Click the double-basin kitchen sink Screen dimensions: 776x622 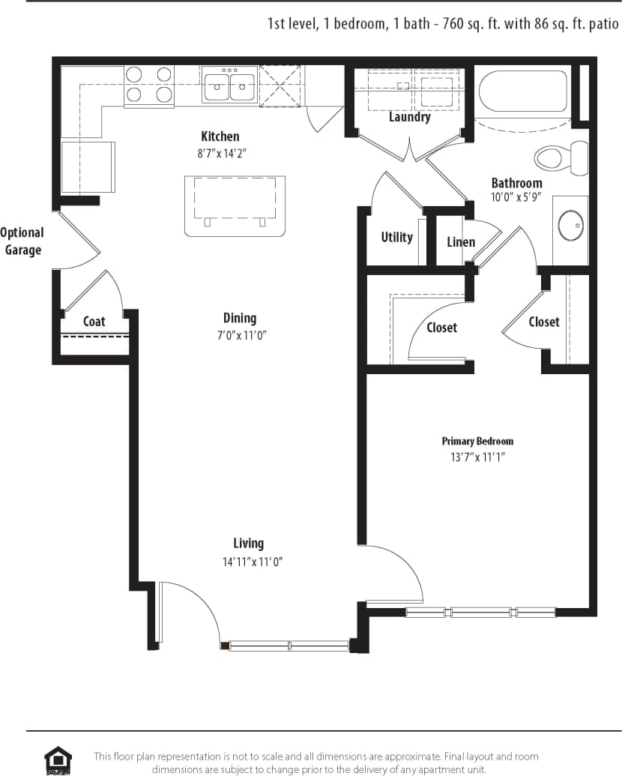click(x=229, y=85)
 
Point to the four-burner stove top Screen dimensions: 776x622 click(x=148, y=84)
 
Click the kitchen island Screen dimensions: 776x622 click(x=235, y=205)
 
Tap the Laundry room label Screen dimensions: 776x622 click(x=410, y=117)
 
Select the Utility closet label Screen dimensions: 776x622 click(x=396, y=237)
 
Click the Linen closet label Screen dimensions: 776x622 click(x=460, y=241)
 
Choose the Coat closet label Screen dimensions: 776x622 click(x=94, y=321)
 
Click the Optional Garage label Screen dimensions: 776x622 click(x=22, y=241)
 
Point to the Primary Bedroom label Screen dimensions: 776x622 click(x=477, y=441)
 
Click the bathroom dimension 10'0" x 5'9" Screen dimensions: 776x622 click(x=516, y=199)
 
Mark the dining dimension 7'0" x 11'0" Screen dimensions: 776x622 click(x=239, y=335)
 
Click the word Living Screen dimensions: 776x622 click(x=248, y=543)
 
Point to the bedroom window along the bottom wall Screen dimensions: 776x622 click(x=480, y=612)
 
